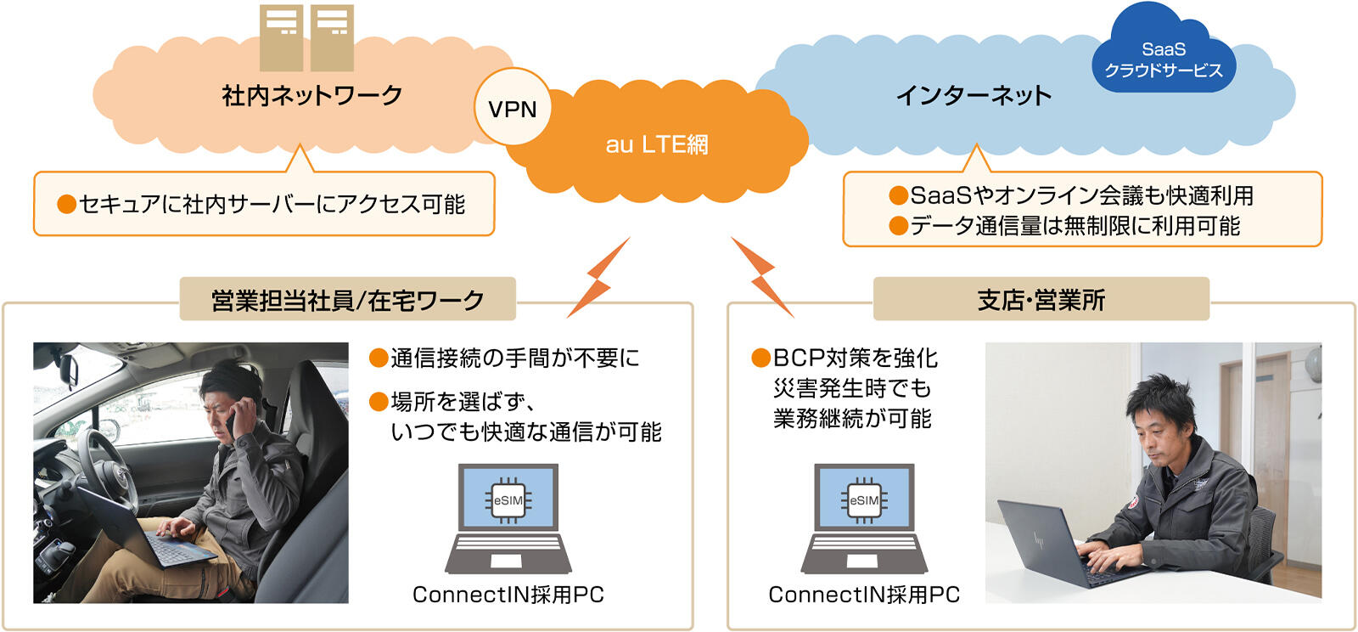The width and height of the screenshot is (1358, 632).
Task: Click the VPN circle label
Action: point(513,109)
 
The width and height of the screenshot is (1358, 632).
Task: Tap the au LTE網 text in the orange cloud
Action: point(656,144)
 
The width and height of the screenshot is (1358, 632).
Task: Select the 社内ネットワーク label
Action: point(311,95)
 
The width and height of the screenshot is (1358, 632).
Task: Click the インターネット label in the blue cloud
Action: point(974,95)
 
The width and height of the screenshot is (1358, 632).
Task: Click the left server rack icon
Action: point(281,37)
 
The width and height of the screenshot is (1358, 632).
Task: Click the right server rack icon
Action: point(332,37)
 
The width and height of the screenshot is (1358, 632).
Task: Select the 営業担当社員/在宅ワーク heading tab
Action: point(347,300)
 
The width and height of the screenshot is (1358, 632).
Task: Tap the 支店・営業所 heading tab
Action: point(1041,300)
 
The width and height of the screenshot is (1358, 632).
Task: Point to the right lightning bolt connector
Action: point(762,276)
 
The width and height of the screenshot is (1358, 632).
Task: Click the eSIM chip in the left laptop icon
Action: point(508,500)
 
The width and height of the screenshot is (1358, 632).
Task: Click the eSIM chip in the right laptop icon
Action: point(864,500)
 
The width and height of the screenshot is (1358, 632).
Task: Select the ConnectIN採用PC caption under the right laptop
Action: point(864,595)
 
